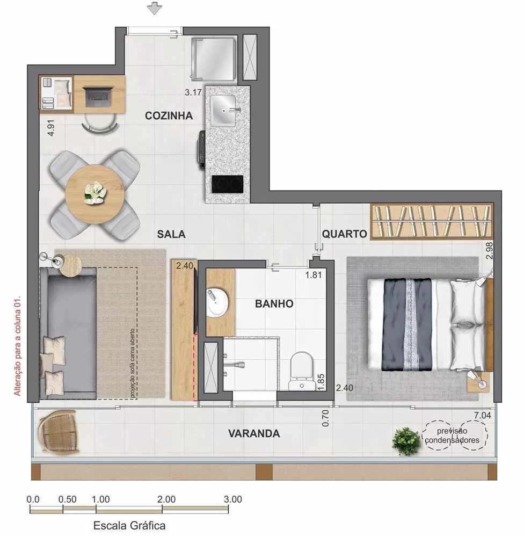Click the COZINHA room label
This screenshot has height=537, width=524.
tap(169, 116)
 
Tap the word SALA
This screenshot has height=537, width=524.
tap(171, 234)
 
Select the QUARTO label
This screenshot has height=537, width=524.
tap(344, 234)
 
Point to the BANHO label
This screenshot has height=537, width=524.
tap(274, 304)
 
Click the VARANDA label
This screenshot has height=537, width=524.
tap(253, 433)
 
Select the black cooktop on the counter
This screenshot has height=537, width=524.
tap(227, 184)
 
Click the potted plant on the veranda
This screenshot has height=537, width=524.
tap(406, 441)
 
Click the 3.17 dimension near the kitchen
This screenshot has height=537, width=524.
tap(193, 92)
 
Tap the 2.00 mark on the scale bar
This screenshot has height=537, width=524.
tap(166, 498)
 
